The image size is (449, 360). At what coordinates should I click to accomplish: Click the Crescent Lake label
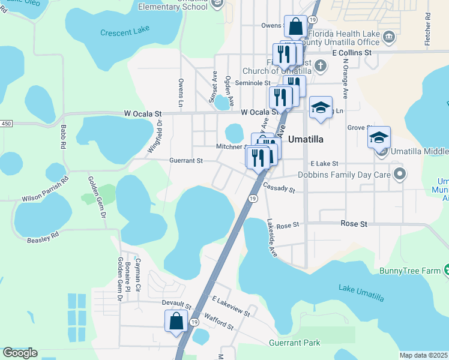[x=124, y=33]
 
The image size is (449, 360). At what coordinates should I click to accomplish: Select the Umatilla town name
[x=306, y=139]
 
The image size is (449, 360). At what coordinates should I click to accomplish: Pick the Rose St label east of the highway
[x=354, y=223]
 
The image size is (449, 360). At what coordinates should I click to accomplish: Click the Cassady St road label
[x=280, y=188]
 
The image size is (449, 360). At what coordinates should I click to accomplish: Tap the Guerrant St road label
[x=186, y=161]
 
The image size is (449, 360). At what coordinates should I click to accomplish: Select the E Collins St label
[x=352, y=53]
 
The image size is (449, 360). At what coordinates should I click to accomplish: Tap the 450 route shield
[x=6, y=123]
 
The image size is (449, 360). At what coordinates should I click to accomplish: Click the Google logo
[x=20, y=353]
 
